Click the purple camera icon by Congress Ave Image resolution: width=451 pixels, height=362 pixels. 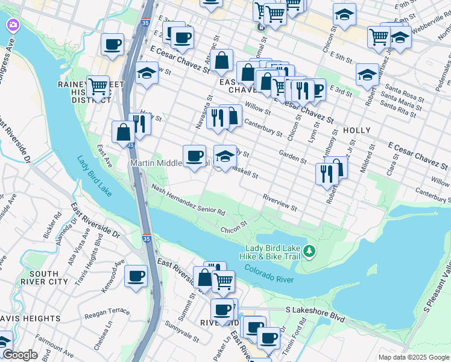tap(11, 25)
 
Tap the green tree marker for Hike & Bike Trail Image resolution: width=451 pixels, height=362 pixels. tap(309, 250)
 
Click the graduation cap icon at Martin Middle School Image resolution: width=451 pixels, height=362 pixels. tap(225, 156)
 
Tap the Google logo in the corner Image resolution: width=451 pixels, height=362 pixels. tap(19, 355)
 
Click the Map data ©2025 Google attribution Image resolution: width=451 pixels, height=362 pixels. tap(414, 357)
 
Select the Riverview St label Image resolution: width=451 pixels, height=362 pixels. tap(280, 203)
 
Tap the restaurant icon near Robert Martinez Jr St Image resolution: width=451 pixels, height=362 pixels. tap(326, 174)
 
